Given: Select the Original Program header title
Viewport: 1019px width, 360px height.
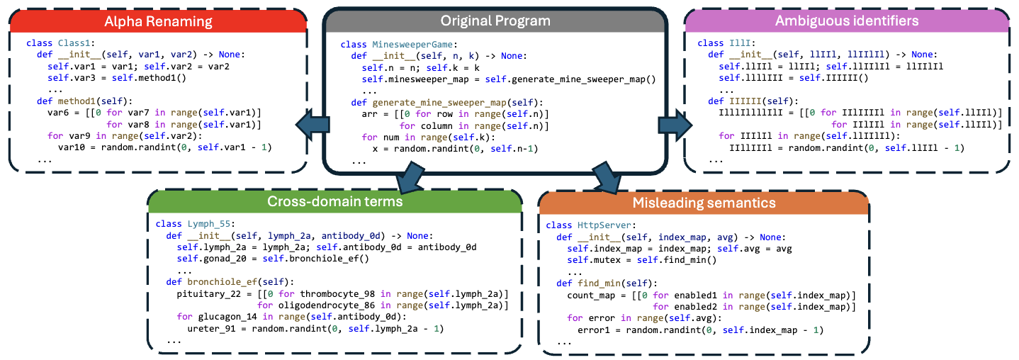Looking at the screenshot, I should pos(495,21).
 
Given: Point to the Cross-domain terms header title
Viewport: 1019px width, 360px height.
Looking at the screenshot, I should pos(334,201).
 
